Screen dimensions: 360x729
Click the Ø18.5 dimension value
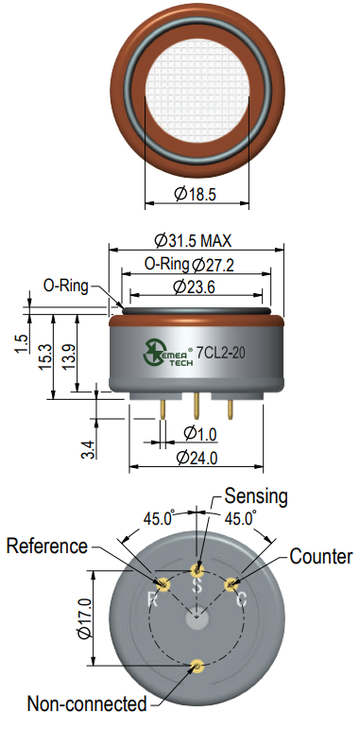[195, 193]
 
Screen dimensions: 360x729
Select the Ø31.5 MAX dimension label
[193, 240]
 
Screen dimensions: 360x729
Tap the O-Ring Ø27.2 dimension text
[189, 265]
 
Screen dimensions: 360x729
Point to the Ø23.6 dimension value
[194, 286]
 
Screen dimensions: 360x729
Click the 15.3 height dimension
[45, 357]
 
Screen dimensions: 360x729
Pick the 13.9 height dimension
[69, 356]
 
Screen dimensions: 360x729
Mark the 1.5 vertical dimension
[22, 343]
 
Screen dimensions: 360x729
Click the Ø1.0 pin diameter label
[200, 434]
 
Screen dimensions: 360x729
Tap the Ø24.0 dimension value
[197, 458]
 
